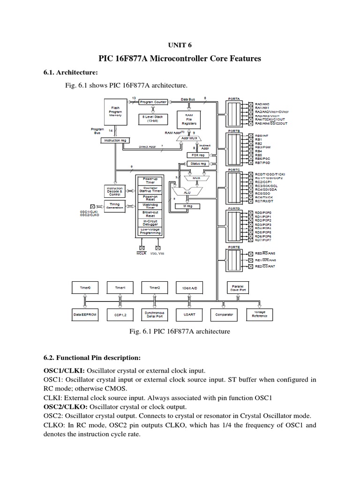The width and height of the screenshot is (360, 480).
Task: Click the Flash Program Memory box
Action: pyautogui.click(x=115, y=112)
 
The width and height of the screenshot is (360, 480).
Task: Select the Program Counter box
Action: pyautogui.click(x=154, y=102)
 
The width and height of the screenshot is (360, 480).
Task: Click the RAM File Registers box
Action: pyautogui.click(x=190, y=120)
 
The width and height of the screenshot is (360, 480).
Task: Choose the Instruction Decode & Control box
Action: pyautogui.click(x=115, y=191)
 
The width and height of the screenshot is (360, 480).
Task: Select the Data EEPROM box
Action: pyautogui.click(x=84, y=315)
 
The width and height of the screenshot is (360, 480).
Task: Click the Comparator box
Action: pyautogui.click(x=224, y=315)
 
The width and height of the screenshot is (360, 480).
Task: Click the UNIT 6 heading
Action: pyautogui.click(x=180, y=45)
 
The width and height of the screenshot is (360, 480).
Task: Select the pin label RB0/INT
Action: pyautogui.click(x=263, y=135)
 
